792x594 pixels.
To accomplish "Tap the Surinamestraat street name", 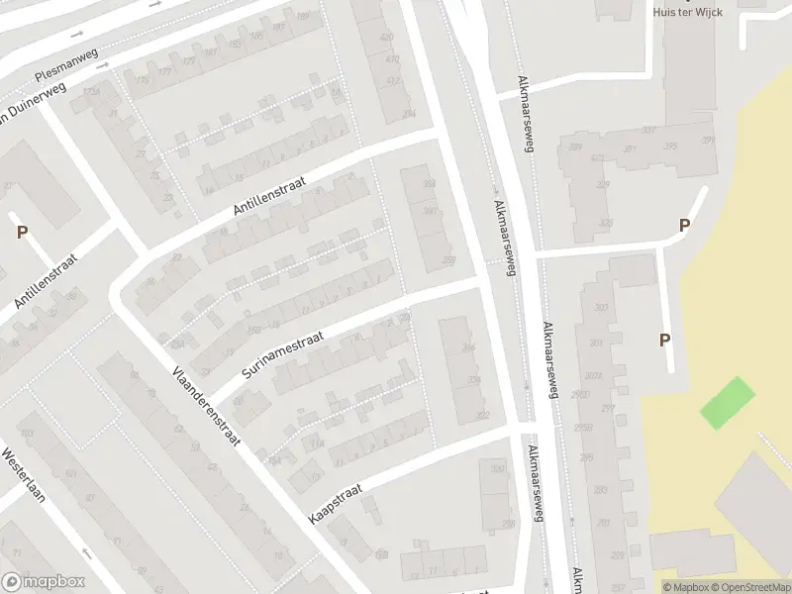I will [283, 346].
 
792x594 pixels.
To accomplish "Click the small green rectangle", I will [728, 403].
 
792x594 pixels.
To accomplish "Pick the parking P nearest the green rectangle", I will [665, 340].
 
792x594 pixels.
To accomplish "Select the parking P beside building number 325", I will [684, 226].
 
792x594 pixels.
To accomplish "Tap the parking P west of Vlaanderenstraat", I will [22, 233].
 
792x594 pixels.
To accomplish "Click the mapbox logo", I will [44, 582].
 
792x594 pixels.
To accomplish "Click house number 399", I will [708, 140].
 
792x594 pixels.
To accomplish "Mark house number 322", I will [482, 415].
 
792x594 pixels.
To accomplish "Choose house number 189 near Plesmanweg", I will [303, 17].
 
